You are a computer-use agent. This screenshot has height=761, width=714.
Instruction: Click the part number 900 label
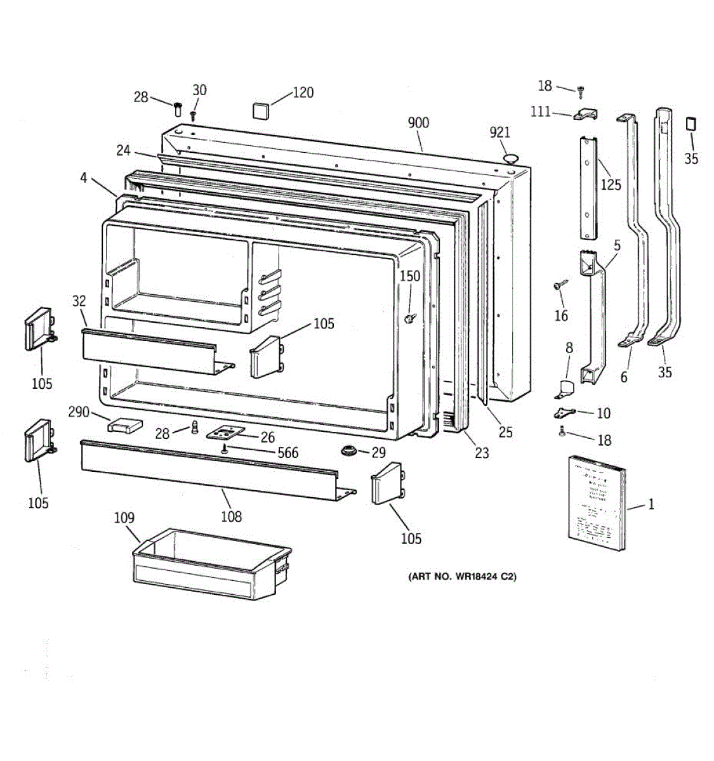click(418, 122)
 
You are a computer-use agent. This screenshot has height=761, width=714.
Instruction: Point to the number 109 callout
click(124, 518)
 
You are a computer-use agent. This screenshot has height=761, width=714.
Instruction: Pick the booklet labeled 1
click(596, 504)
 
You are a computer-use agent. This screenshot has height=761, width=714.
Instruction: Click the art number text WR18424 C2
click(461, 577)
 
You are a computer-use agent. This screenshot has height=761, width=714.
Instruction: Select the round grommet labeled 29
click(347, 451)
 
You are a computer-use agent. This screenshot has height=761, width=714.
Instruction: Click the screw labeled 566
click(225, 450)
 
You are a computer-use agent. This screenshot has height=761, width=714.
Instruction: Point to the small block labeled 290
click(125, 424)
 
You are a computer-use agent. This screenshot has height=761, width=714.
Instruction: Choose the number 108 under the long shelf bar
click(231, 516)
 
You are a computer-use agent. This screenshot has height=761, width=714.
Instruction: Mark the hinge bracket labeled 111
click(585, 114)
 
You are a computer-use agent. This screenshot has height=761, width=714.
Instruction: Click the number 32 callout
click(79, 301)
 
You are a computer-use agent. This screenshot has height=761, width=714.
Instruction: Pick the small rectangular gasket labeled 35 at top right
click(691, 123)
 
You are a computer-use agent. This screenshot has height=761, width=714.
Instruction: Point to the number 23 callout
click(482, 453)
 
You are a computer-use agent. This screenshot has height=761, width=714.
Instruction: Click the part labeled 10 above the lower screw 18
click(564, 413)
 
